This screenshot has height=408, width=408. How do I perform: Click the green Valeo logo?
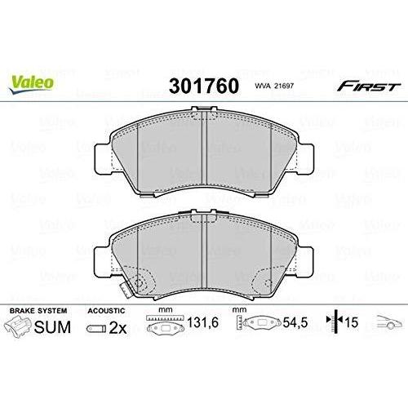click(31, 84)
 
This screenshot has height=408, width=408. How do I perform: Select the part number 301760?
click(204, 86)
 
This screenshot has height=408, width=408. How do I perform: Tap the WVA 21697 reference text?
click(274, 86)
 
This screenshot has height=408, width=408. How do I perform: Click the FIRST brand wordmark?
click(369, 86)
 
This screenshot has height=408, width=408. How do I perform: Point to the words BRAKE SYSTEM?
click(38, 311)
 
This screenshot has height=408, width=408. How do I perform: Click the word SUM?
click(52, 327)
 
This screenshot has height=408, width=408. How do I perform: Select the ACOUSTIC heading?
click(106, 311)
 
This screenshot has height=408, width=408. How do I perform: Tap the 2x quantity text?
click(118, 328)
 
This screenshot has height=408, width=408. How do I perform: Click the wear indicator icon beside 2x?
click(96, 329)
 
